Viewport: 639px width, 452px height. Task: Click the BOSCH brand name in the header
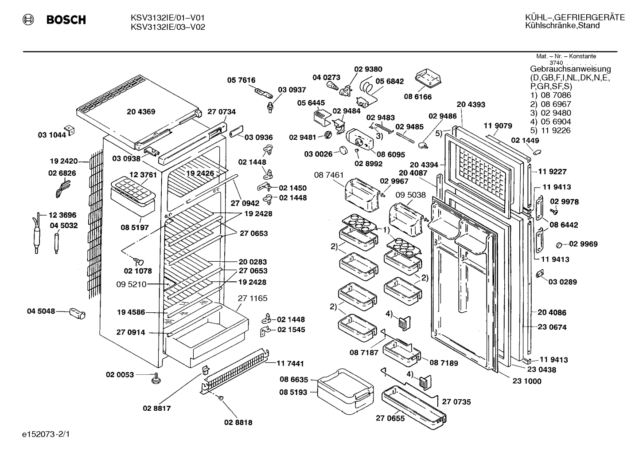coord(66,20)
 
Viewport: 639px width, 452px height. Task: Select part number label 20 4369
coord(141,112)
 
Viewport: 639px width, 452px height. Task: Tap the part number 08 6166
coord(417,97)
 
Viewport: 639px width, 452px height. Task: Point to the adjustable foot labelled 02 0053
coord(156,378)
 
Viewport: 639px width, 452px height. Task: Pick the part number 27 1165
coord(253,298)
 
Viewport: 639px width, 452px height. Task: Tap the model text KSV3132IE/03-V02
coord(168,27)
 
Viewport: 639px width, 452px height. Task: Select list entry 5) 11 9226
coord(550,130)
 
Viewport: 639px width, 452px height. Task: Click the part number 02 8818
coord(238,422)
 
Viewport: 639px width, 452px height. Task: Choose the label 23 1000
coord(527,381)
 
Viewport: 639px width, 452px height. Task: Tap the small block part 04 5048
coord(77,313)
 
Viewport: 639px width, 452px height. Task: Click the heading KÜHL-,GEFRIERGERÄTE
coord(575,17)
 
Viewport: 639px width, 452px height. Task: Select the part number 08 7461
coord(329,175)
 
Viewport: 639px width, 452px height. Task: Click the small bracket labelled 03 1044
coord(70,130)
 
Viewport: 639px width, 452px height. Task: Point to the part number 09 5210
coord(131,284)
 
